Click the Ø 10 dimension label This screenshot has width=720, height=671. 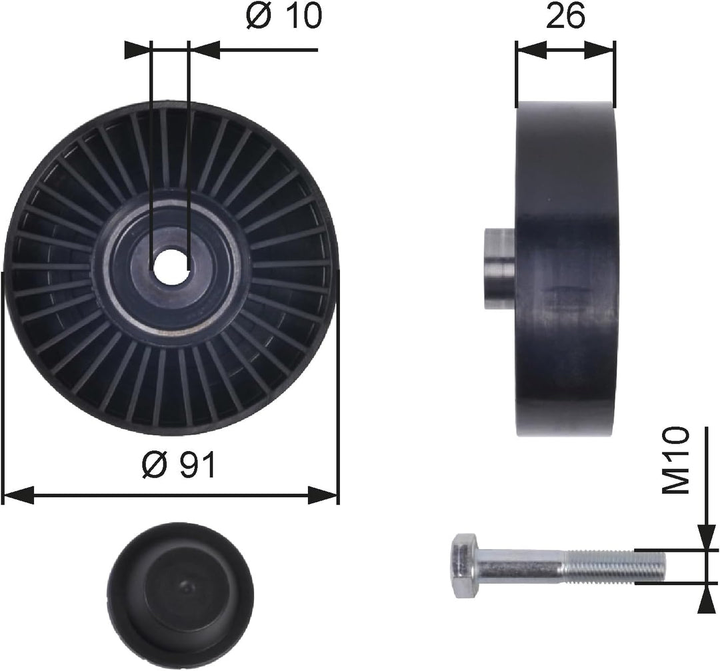pos(283,17)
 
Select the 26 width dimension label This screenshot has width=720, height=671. pos(565,17)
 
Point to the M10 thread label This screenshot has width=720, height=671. pos(677,461)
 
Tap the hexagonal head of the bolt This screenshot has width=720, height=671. pos(464,566)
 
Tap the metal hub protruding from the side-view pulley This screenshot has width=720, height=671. pos(498,268)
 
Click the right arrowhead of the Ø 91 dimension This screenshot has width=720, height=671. pos(324,494)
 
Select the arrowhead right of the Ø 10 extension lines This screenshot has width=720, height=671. pos(205,49)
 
